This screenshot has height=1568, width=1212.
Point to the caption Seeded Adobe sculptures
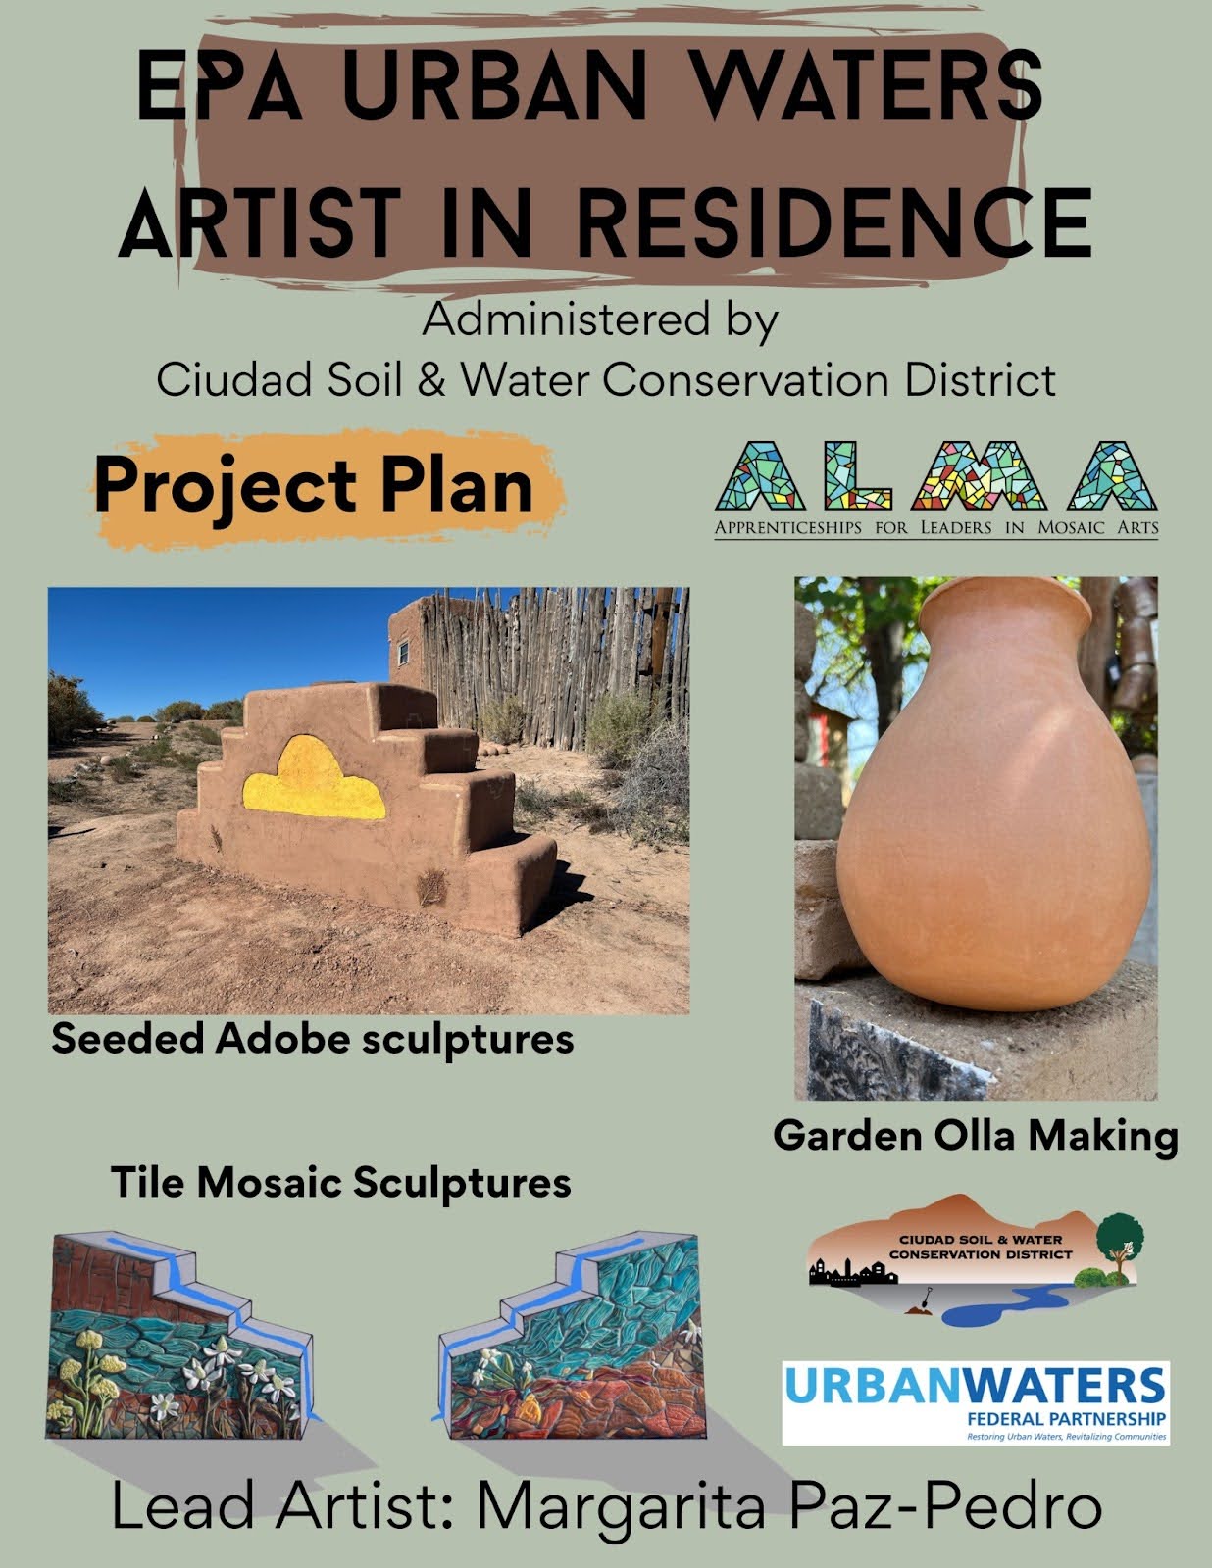(313, 1040)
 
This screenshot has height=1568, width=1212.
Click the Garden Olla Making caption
(976, 1136)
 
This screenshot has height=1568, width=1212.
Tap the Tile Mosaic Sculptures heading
(340, 1184)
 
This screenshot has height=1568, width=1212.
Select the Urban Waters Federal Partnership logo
(976, 1403)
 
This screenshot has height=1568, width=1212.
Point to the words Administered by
(600, 321)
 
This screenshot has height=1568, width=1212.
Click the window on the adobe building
(403, 653)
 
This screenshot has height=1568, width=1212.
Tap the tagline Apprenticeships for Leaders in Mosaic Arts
(936, 527)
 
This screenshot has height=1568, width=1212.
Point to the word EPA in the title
(219, 85)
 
